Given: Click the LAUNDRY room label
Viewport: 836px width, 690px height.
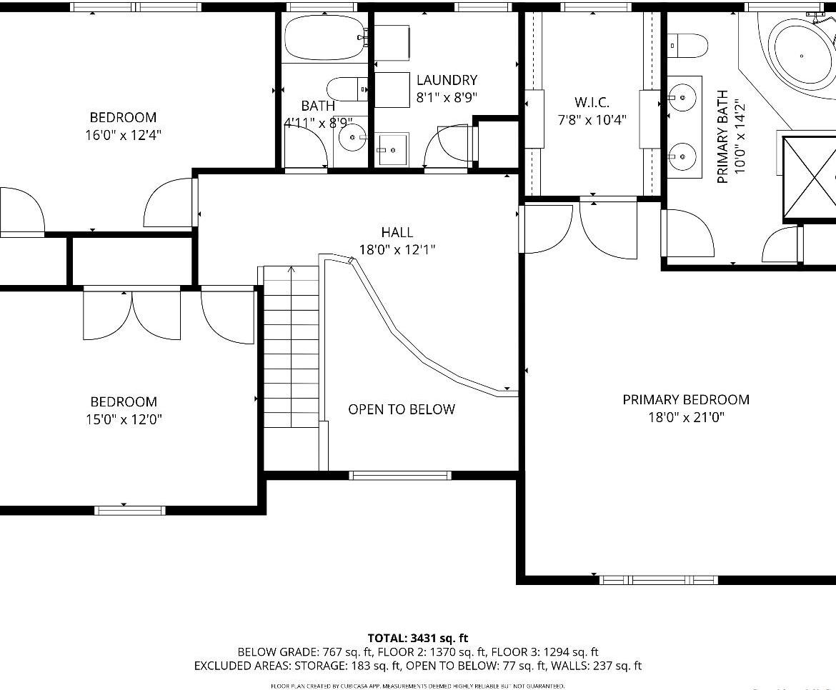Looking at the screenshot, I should (447, 80).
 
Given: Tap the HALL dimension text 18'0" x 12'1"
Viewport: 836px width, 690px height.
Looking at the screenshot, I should (397, 250).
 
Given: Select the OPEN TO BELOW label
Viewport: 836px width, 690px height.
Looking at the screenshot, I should (401, 409).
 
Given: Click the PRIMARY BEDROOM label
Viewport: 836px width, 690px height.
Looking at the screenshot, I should (686, 400).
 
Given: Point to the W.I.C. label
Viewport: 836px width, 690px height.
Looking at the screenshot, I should (592, 103).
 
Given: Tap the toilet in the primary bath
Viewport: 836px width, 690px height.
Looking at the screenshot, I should (687, 45).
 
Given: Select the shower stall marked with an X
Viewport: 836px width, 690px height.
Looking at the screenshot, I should (810, 176).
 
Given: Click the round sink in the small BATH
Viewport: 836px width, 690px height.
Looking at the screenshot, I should (352, 138).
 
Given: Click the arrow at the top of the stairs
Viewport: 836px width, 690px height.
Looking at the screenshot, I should (291, 270).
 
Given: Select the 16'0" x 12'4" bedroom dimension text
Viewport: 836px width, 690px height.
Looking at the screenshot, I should (123, 135).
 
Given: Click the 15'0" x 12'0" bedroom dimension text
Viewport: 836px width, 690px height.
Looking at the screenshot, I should (124, 419).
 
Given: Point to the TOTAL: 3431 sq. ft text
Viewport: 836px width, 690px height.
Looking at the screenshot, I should (418, 638).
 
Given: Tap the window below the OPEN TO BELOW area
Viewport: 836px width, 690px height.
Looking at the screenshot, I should (400, 475).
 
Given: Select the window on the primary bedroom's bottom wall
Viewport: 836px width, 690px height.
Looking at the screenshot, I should (658, 579).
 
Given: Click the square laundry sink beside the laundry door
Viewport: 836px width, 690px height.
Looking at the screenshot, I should (392, 149).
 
